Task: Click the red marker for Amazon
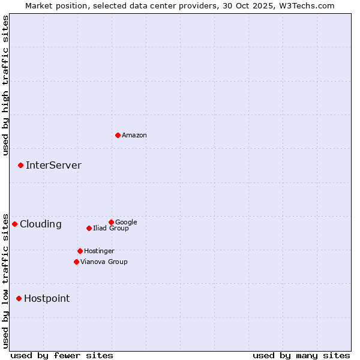click(118, 135)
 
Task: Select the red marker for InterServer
click(20, 165)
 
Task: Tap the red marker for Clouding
click(14, 224)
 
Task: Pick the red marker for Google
click(111, 222)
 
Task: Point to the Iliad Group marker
click(89, 228)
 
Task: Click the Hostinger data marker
click(80, 251)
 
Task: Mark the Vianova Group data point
click(76, 262)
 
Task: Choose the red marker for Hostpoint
click(19, 298)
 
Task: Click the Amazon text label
click(134, 136)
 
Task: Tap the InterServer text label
click(53, 166)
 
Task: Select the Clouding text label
click(41, 224)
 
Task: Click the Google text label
click(126, 222)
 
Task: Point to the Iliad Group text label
click(111, 228)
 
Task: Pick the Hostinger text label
click(99, 251)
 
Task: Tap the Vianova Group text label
click(104, 262)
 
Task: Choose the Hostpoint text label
click(47, 299)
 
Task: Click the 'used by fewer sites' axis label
click(62, 355)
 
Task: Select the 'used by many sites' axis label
click(301, 355)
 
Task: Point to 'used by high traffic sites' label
click(5, 85)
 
